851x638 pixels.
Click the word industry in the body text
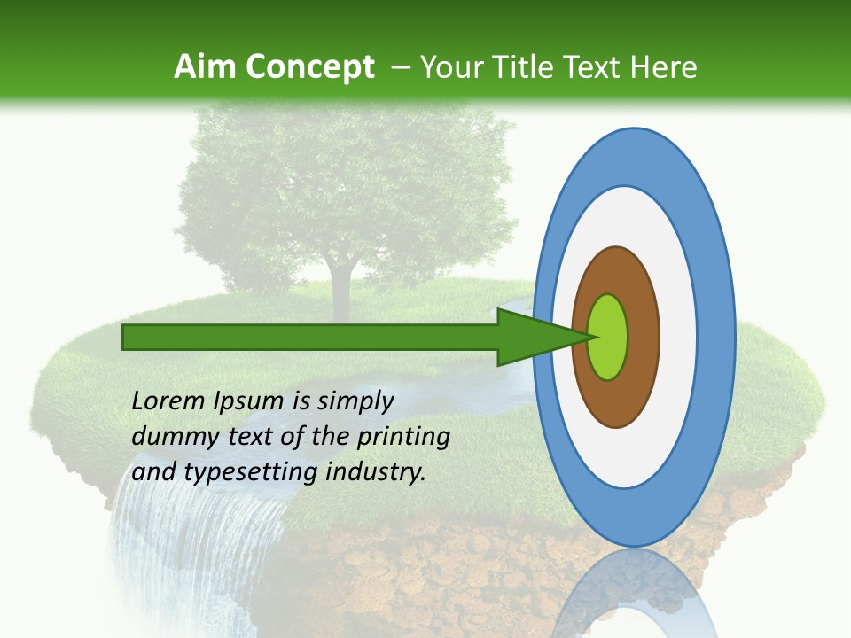pos(376,472)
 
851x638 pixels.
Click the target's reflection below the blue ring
pos(634,594)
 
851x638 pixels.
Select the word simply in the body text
pos(355,402)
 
